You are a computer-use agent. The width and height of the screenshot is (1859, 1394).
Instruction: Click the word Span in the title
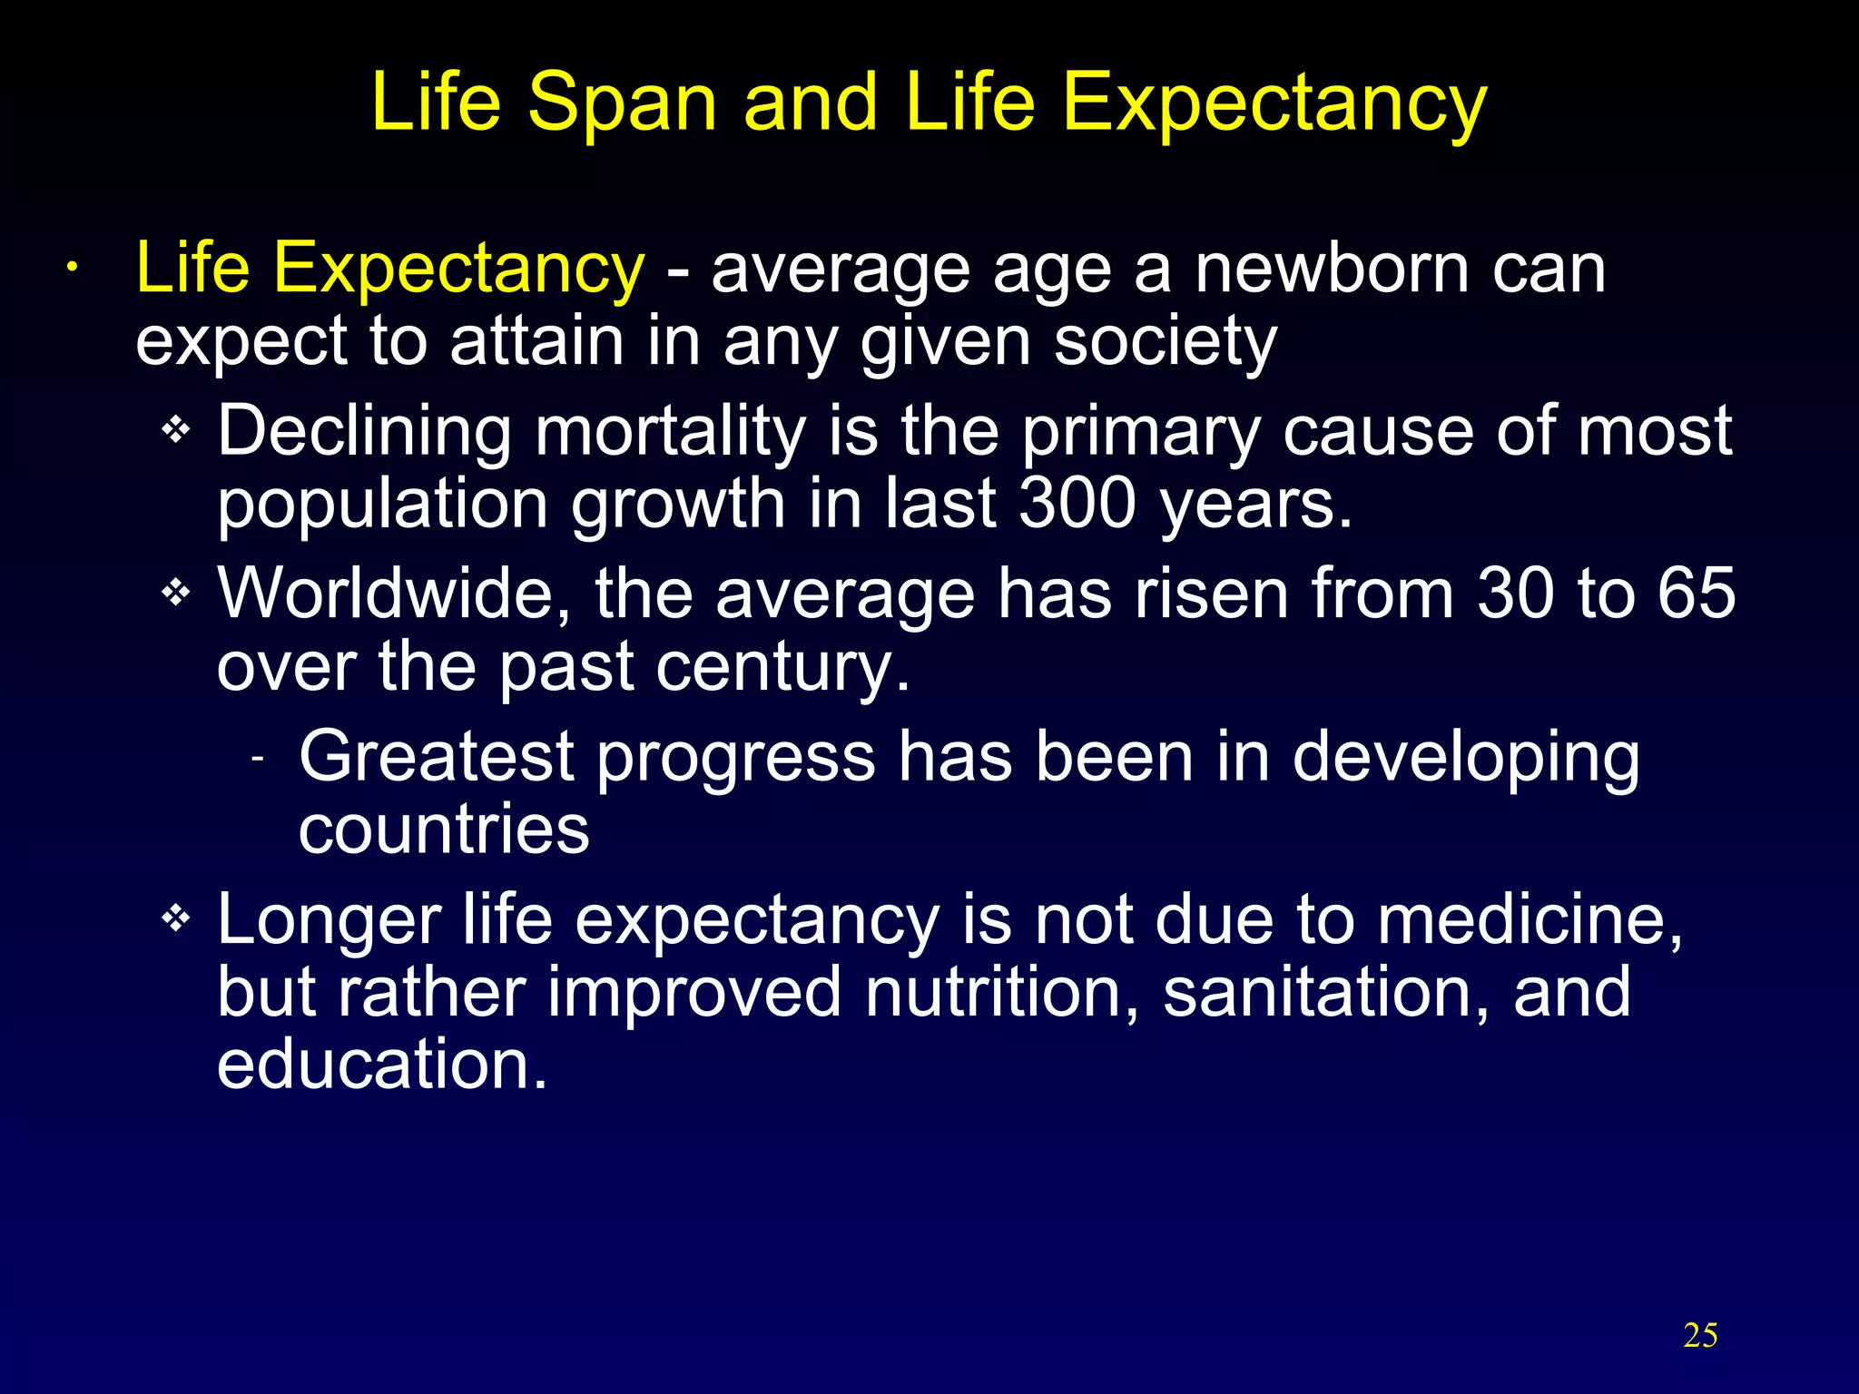point(623,104)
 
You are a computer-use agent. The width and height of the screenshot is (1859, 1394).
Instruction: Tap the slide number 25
point(1700,1336)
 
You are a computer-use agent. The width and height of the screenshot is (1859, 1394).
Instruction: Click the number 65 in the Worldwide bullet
point(1697,594)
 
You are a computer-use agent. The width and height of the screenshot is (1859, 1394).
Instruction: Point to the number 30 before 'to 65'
point(1516,594)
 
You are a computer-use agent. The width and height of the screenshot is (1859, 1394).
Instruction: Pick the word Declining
point(364,432)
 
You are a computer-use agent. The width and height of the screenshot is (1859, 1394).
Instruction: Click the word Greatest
point(437,756)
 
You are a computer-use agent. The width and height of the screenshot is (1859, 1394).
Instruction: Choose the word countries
point(444,829)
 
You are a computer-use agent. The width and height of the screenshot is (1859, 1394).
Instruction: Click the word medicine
point(1529,920)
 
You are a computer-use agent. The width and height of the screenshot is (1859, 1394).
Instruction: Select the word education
point(382,1064)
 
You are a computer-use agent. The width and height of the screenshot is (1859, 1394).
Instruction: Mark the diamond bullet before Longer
point(175,918)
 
